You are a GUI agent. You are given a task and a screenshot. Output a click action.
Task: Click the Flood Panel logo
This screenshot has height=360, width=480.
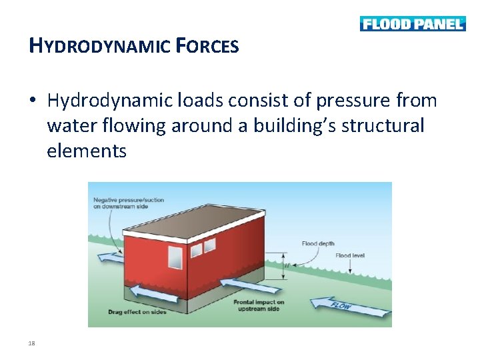click(413, 24)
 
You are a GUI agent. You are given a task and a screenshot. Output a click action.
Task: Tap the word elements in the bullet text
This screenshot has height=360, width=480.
click(87, 151)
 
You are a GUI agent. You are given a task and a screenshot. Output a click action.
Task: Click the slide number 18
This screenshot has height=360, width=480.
click(32, 343)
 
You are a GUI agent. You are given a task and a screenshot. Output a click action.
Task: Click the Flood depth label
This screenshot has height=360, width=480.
click(318, 244)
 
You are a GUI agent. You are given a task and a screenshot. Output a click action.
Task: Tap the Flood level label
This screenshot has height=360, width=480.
click(351, 255)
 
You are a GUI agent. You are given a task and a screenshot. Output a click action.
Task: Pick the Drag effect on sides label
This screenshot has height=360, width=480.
click(137, 312)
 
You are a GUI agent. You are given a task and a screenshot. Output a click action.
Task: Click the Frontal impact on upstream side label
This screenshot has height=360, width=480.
click(259, 305)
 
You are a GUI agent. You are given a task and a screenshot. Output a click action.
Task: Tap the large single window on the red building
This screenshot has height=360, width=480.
click(175, 257)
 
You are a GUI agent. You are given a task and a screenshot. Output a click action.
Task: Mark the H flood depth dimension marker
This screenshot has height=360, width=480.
click(286, 265)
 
